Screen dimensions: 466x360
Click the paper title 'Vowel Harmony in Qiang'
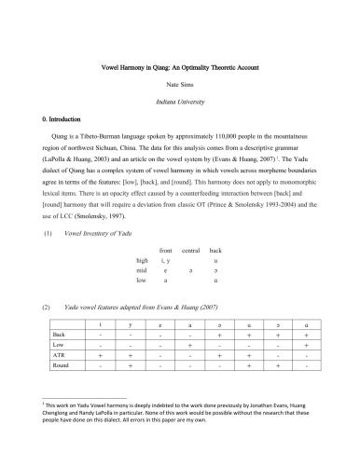[x=180, y=70]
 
